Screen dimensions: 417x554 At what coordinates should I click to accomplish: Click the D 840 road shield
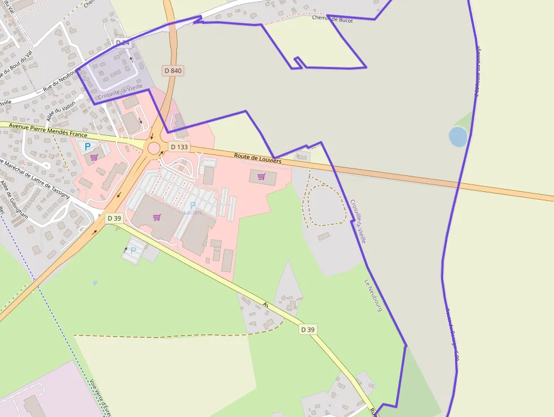point(173,71)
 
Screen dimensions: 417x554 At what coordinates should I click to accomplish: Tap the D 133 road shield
point(179,147)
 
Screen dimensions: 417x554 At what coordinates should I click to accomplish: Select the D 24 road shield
point(123,42)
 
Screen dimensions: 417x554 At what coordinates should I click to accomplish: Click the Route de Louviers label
point(258,159)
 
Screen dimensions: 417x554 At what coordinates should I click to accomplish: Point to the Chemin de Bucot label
point(332,19)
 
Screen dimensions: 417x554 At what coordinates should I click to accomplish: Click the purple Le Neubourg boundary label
point(374,296)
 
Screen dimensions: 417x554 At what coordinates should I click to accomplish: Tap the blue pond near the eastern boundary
point(457,136)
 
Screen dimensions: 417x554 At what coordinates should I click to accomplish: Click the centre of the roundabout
point(154,148)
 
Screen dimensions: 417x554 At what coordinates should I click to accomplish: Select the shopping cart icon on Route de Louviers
point(261,177)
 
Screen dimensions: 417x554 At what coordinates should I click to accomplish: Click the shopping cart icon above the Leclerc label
point(157,217)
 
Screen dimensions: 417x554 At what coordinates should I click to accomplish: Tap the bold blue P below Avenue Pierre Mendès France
point(88,147)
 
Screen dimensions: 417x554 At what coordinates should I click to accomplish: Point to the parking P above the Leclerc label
point(193,205)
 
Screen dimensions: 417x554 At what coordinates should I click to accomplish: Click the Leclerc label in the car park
point(193,213)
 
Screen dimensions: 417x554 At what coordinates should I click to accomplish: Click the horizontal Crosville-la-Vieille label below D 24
point(120,93)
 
